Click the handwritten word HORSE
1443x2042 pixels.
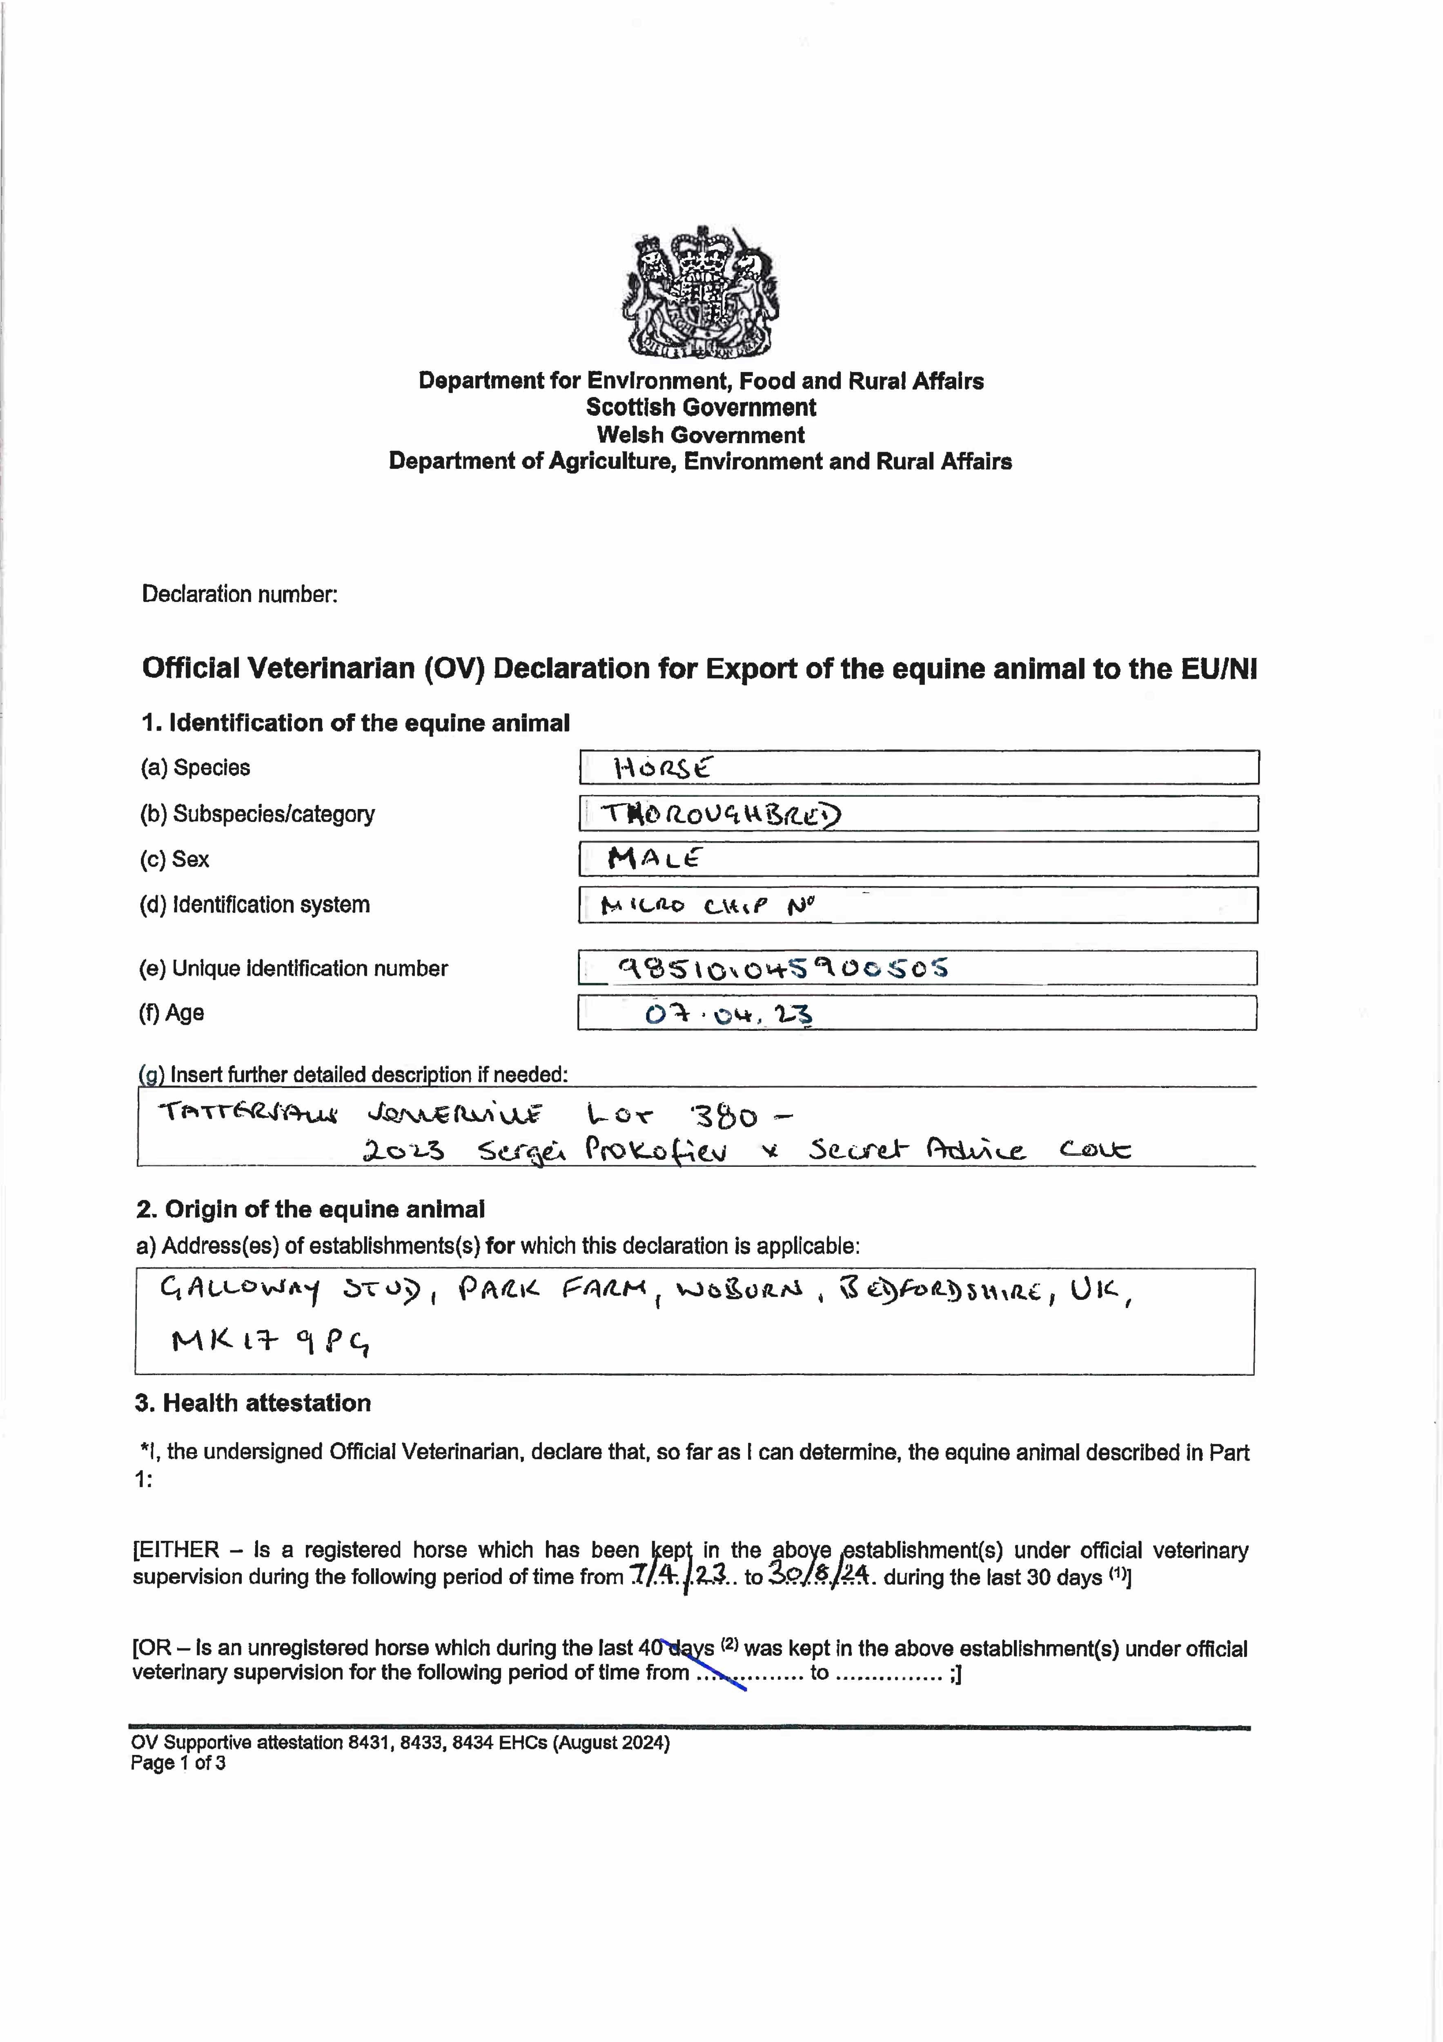tap(662, 767)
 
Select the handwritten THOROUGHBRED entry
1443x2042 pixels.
tap(720, 814)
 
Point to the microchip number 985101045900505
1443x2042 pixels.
tap(782, 967)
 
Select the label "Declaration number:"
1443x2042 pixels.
tap(240, 594)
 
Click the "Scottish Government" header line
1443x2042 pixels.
tap(701, 407)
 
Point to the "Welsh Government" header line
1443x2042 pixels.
tap(701, 435)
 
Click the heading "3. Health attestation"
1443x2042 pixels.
tap(252, 1403)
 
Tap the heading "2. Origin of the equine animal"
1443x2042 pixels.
tap(310, 1210)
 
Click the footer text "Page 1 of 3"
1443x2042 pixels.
tap(178, 1763)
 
